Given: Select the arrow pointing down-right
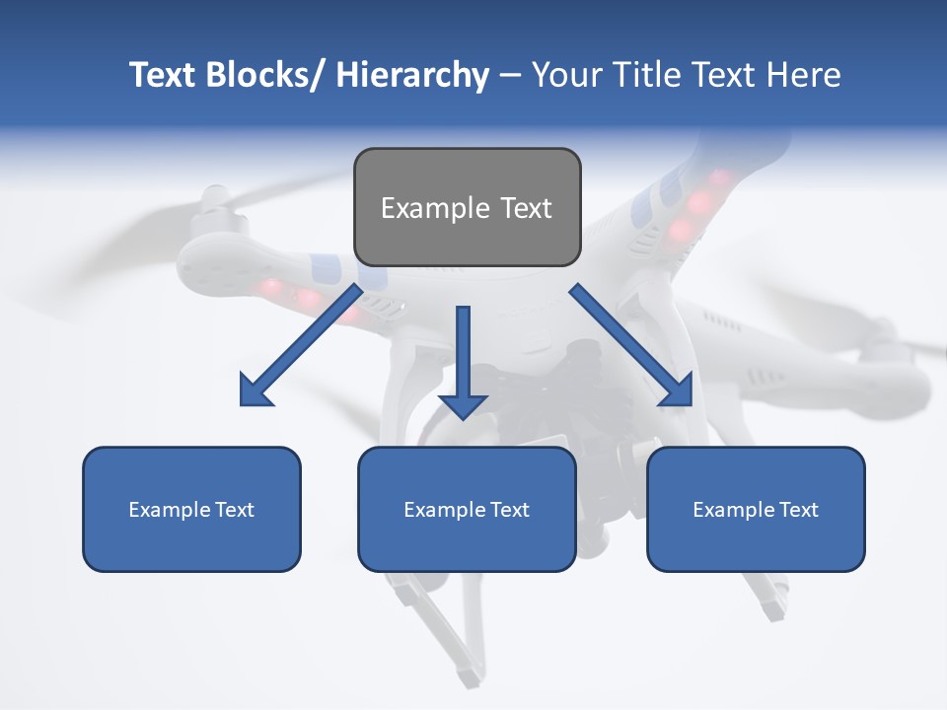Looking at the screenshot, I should point(626,340).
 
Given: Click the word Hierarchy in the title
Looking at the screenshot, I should point(412,75).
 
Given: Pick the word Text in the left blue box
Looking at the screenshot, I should point(235,510).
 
